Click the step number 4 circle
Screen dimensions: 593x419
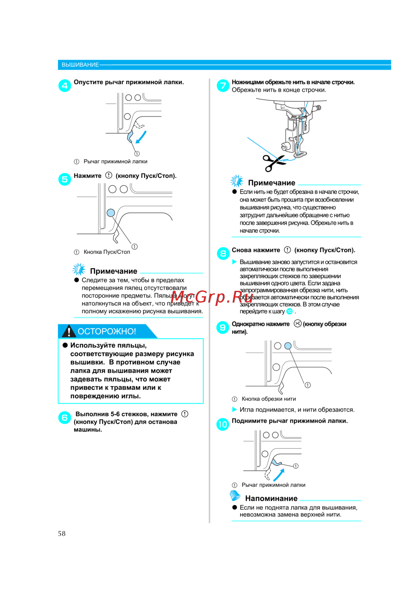pos(65,86)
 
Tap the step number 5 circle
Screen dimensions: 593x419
pos(65,179)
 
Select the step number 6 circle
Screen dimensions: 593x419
pos(65,417)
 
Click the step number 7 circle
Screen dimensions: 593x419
pos(223,86)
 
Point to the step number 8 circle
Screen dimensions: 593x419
pos(223,254)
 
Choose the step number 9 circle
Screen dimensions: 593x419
pos(223,327)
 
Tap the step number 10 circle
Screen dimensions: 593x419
pos(222,424)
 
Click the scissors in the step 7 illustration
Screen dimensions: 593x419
pos(273,162)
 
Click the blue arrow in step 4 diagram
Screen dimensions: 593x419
pos(142,136)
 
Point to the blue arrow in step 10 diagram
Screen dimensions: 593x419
pos(279,475)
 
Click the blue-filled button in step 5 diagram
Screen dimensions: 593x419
pos(111,212)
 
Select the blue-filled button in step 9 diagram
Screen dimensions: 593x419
pos(288,346)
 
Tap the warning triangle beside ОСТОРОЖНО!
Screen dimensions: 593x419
pos(68,331)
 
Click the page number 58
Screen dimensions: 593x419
pos(62,533)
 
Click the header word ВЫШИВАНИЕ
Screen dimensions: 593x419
pos(80,65)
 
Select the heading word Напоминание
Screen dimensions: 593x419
pos(271,498)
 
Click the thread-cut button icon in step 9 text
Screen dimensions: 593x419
pos(297,324)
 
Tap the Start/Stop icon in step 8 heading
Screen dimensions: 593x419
pos(287,250)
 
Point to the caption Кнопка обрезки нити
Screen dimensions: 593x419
pos(269,399)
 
